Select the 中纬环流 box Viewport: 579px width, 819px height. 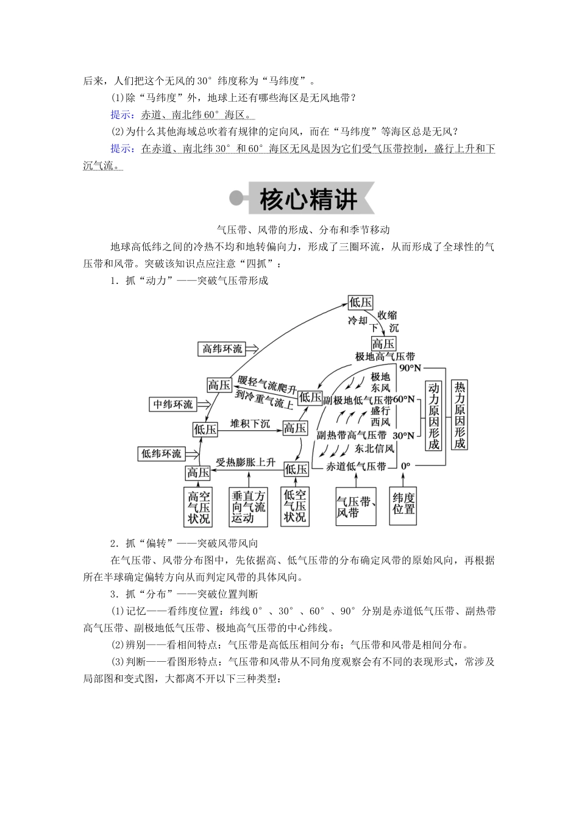[172, 404]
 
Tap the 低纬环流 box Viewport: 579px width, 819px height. [162, 454]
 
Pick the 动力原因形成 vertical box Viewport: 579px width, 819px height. [433, 416]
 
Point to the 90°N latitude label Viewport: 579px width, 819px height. [411, 368]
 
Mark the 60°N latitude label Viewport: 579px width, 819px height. [405, 399]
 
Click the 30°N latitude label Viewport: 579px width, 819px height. [403, 436]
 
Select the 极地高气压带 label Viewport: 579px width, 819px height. [385, 356]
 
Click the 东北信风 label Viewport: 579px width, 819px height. [374, 448]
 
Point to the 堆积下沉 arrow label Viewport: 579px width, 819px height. [249, 424]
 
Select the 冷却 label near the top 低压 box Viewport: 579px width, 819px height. [358, 321]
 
